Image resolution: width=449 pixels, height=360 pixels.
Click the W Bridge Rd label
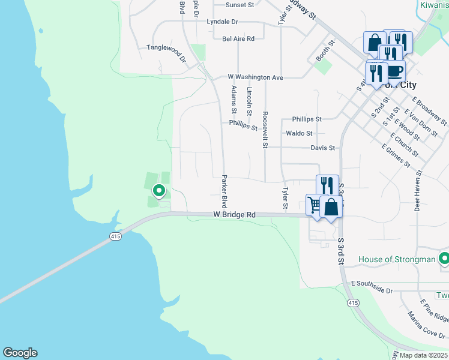(x=234, y=214)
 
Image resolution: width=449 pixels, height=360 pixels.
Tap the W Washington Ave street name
(x=255, y=77)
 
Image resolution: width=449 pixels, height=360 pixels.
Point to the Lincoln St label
(x=250, y=101)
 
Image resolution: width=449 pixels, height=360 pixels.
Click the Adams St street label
(x=234, y=99)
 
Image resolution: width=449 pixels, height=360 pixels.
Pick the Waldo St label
(x=299, y=133)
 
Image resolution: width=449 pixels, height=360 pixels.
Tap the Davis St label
(x=322, y=148)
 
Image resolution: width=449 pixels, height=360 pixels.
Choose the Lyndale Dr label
(x=222, y=22)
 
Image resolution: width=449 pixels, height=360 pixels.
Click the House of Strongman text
(x=397, y=259)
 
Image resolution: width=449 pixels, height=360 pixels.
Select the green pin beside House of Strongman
(x=444, y=259)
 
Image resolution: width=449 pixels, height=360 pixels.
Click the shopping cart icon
(x=314, y=204)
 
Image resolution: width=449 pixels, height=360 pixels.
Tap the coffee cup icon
(x=394, y=71)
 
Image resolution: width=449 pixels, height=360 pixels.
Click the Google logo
(x=20, y=353)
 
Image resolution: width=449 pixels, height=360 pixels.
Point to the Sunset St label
(x=240, y=5)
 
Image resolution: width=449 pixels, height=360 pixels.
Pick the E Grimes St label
(x=396, y=155)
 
